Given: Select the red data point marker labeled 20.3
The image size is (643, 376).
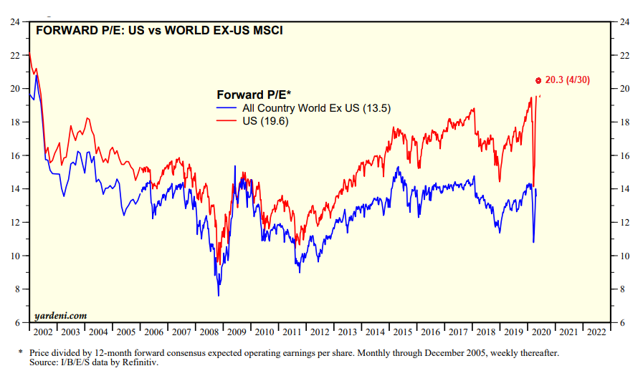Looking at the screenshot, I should tap(538, 80).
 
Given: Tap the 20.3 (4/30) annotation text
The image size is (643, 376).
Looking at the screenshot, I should tap(567, 80).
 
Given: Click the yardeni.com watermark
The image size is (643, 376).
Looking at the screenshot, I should tap(61, 315).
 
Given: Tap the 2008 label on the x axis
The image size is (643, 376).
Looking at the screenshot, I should tap(209, 332).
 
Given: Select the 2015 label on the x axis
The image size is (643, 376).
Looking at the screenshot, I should tap(402, 332).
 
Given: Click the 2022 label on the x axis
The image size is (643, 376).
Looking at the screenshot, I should tap(596, 332).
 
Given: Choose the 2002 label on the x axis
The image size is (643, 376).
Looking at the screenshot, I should tap(43, 332).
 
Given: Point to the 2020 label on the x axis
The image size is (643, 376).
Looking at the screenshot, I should tap(540, 332).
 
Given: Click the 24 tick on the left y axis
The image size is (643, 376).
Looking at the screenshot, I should tap(14, 21).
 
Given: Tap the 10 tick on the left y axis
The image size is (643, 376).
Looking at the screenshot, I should tap(14, 256).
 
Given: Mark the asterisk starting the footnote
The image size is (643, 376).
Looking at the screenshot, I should tap(20, 353).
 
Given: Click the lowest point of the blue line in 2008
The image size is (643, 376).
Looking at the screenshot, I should tap(218, 296).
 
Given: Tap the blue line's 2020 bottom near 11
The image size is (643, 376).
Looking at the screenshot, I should tap(533, 242).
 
